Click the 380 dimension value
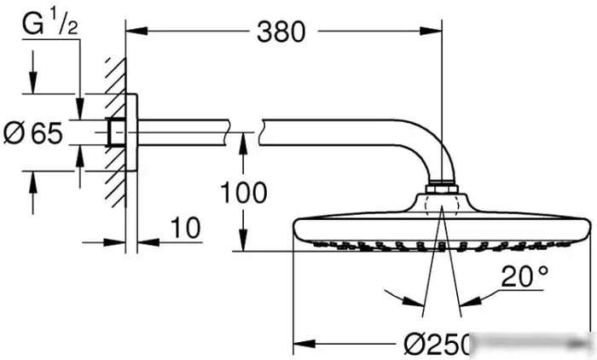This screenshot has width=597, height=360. tap(280, 32)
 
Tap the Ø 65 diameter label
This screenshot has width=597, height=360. tap(34, 133)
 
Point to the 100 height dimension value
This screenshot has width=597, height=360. tap(244, 193)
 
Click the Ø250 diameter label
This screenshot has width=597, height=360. tap(437, 345)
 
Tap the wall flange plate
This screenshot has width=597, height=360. tap(130, 132)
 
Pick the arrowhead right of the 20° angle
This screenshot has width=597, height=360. tap(469, 301)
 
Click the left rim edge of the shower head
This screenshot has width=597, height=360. tap(295, 229)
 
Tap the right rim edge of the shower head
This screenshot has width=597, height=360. tap(589, 229)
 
